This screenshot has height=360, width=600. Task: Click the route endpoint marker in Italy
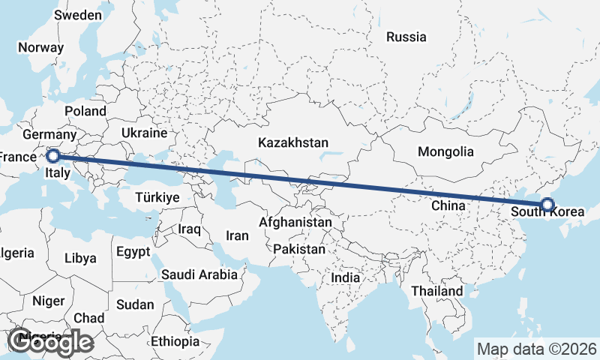(52, 156)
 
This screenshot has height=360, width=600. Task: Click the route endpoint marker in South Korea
(547, 204)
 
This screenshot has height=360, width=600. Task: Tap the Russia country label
(406, 37)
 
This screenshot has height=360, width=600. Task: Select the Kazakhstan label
(293, 142)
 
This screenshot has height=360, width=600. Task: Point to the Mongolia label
(445, 151)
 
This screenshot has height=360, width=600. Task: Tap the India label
(346, 277)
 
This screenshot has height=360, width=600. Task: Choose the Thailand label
(437, 290)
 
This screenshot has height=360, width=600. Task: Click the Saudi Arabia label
(199, 274)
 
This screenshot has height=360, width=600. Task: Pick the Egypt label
(133, 251)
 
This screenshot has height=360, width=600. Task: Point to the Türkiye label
(157, 198)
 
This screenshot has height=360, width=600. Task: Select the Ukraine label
(144, 133)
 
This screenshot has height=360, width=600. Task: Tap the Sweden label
(78, 15)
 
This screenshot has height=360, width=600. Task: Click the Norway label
(40, 46)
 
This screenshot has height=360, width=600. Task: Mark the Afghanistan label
(295, 223)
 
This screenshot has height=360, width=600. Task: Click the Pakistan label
(299, 248)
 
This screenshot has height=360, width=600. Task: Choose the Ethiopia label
(175, 341)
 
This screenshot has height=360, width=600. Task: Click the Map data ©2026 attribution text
(536, 349)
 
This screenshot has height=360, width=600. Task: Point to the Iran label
(237, 235)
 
